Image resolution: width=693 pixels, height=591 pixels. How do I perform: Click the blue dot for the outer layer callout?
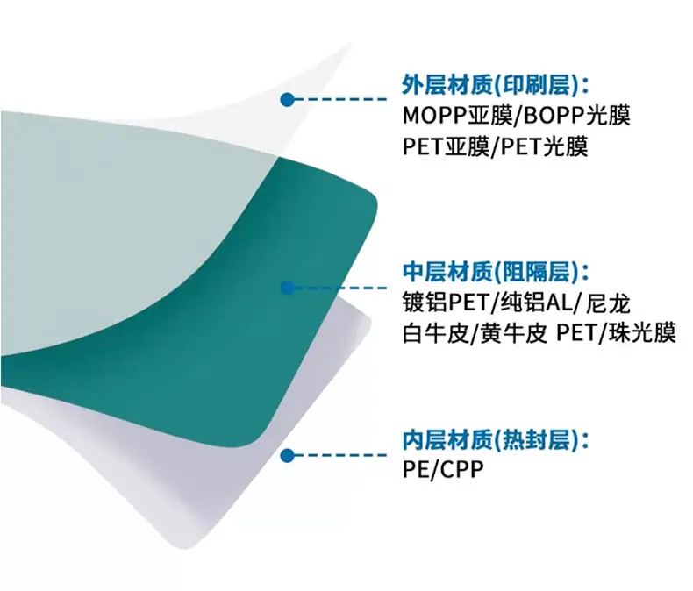(287, 99)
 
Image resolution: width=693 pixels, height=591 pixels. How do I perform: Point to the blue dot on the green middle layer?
(287, 288)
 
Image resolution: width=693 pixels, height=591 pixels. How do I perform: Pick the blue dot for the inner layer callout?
(287, 455)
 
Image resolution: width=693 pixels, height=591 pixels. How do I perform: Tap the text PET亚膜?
(446, 146)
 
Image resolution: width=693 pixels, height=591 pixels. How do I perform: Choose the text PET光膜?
(545, 146)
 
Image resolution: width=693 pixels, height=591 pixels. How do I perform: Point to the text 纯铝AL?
(536, 303)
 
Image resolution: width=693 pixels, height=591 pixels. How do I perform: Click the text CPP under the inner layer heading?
(462, 469)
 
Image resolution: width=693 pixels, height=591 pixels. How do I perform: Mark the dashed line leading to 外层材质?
(341, 99)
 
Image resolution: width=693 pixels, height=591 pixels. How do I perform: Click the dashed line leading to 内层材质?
(341, 455)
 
